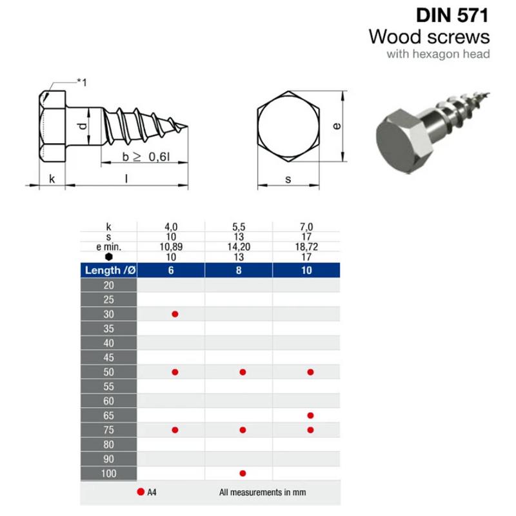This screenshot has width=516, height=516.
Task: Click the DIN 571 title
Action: click(x=453, y=15)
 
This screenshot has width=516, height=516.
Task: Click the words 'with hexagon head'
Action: click(x=438, y=54)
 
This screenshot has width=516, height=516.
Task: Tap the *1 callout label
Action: click(x=82, y=83)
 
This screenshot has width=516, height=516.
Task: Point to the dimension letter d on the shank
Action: click(x=83, y=125)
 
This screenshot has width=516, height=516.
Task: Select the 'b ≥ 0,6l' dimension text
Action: click(x=146, y=157)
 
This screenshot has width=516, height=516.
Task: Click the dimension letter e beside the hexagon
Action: click(x=337, y=126)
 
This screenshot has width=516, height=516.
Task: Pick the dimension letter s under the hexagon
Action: click(x=288, y=179)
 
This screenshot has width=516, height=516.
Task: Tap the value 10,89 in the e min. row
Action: click(x=171, y=247)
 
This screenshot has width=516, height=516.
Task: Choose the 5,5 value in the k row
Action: click(x=239, y=227)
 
